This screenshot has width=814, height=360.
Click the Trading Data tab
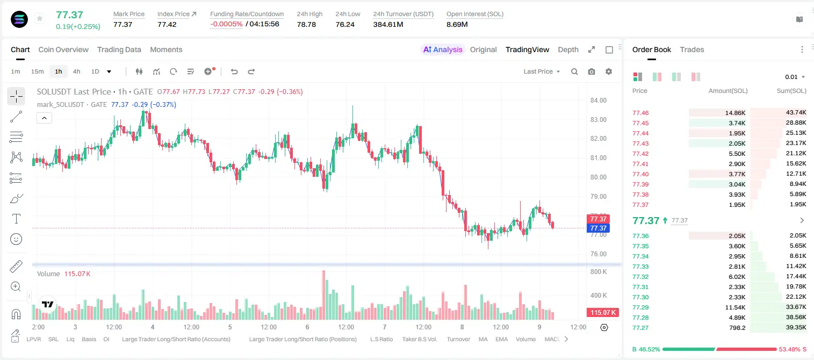tap(119, 49)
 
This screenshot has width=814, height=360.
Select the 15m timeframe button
tap(37, 71)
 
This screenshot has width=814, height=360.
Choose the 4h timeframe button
tap(76, 71)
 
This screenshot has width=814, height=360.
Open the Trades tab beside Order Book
tap(692, 49)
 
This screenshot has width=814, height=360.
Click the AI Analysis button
tap(443, 49)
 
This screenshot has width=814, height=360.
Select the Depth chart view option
tap(568, 49)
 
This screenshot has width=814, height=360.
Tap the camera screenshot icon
tap(592, 71)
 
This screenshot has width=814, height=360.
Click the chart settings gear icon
tap(609, 71)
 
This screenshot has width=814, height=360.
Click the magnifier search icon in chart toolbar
tap(574, 71)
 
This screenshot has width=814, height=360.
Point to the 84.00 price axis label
tap(598, 100)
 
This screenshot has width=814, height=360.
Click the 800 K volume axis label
tap(599, 272)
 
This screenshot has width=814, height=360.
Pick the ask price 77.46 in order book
tap(640, 113)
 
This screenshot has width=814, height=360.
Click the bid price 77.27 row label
tap(640, 328)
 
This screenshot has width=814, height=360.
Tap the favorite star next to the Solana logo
tap(40, 18)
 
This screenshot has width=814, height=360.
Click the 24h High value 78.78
tap(306, 24)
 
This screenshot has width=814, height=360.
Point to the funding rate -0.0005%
tap(226, 24)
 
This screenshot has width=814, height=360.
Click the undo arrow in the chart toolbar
tap(234, 71)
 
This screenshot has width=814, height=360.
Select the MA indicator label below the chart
tap(483, 339)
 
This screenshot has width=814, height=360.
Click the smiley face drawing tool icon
tap(16, 239)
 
